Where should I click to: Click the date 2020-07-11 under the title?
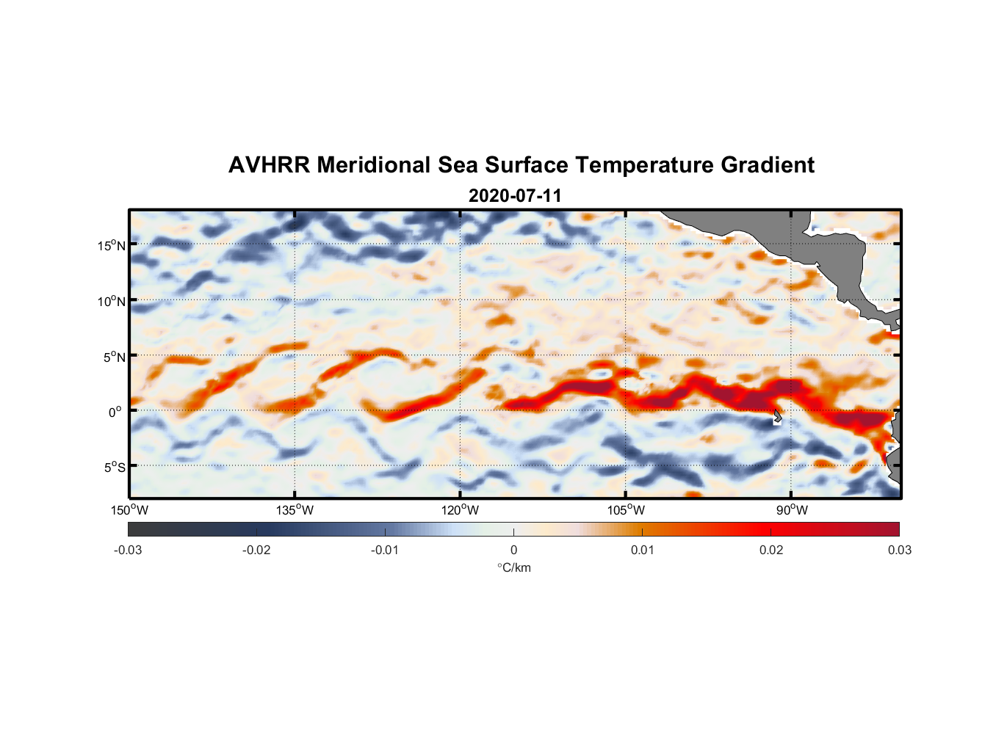coord(515,196)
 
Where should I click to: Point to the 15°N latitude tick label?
coord(111,245)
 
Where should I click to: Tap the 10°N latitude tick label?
coord(111,301)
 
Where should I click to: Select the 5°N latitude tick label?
coord(114,357)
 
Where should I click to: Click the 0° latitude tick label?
coord(115,412)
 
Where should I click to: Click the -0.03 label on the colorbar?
coord(128,550)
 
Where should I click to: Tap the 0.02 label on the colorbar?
coord(771,550)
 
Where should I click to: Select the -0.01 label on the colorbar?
coord(385,550)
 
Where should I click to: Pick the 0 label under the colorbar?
coord(513,550)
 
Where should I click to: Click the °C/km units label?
coord(514,567)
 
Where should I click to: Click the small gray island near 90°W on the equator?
coord(777,416)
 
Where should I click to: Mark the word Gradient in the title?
coord(768,165)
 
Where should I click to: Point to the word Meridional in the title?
coord(374,165)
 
